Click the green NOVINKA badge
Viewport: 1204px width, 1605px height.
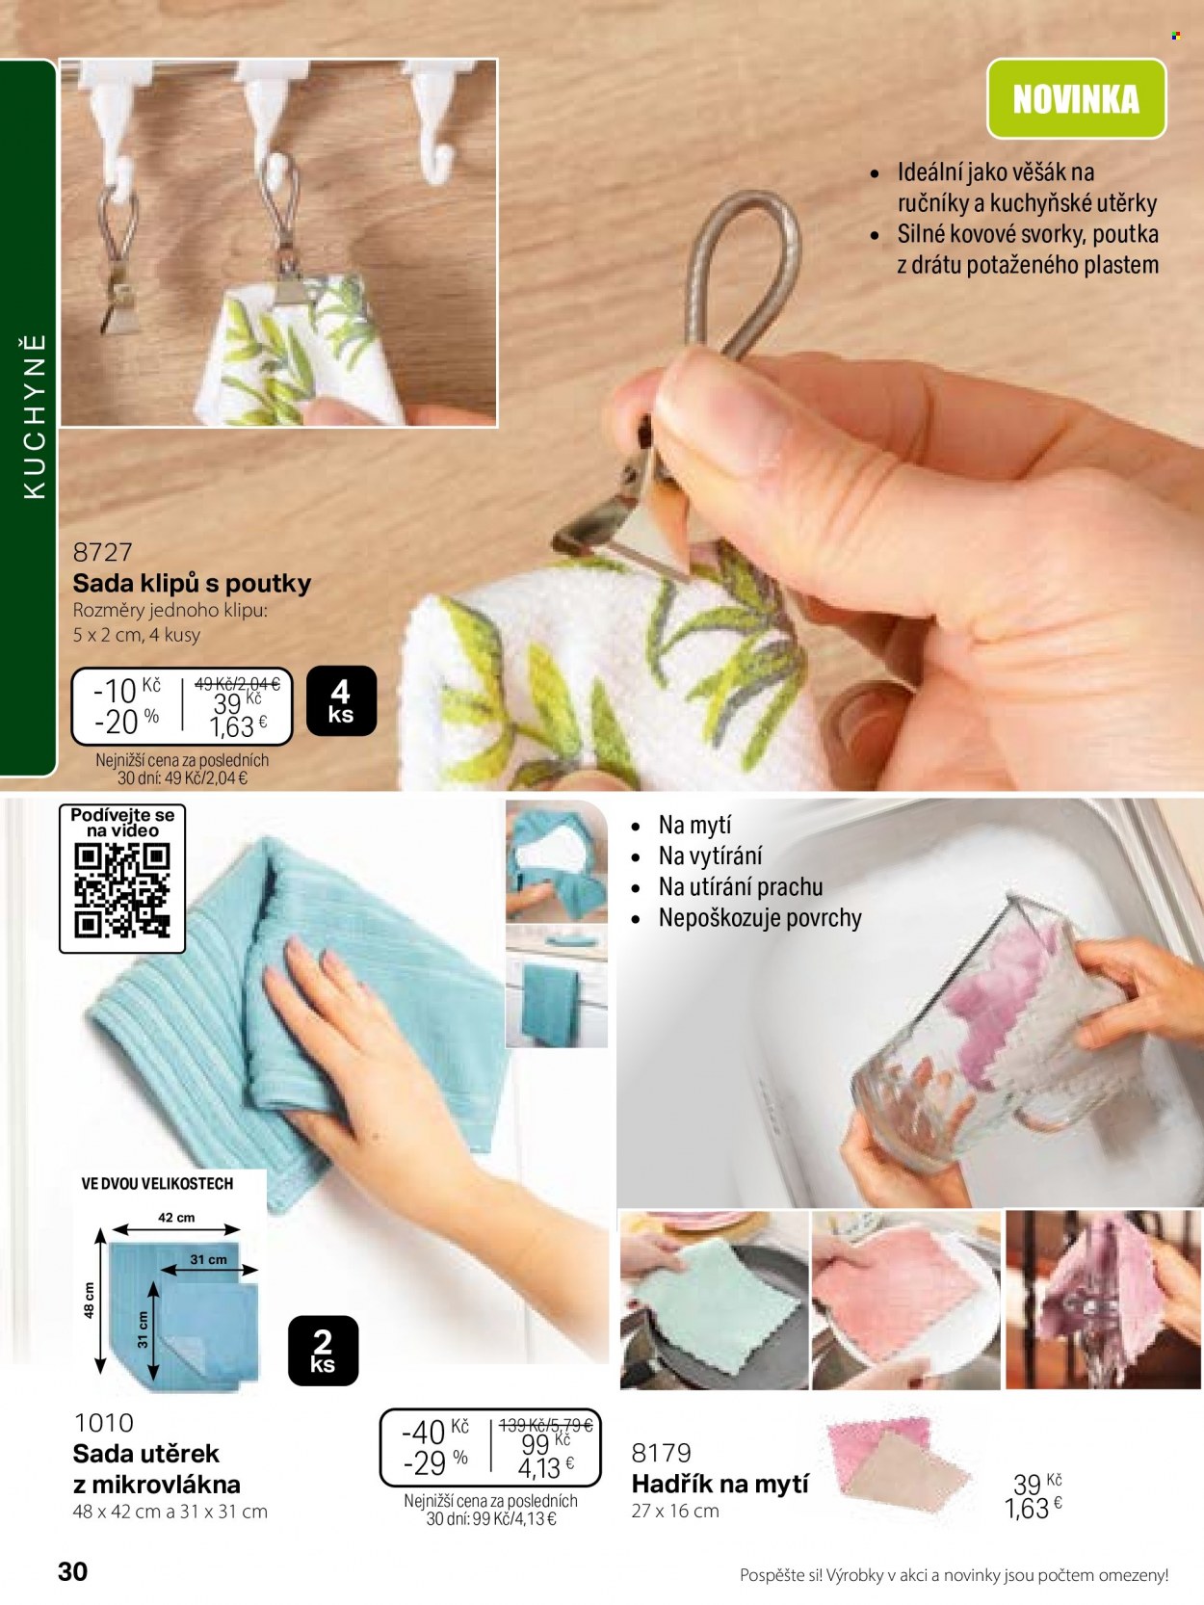coord(1076,98)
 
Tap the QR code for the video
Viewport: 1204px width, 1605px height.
coord(122,890)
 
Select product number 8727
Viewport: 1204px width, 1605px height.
coord(102,552)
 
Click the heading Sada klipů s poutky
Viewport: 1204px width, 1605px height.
coord(192,584)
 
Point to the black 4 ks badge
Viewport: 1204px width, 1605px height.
coord(341,700)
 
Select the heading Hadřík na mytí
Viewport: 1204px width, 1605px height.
coord(720,1485)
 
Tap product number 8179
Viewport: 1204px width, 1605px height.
coord(661,1453)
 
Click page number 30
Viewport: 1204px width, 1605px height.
coord(72,1571)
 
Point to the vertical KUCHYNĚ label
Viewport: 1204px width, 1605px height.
coord(35,417)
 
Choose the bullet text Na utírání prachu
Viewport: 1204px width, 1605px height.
coord(741,886)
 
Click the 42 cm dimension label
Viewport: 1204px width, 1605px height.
coord(176,1218)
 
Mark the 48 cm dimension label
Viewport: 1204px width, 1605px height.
coord(89,1301)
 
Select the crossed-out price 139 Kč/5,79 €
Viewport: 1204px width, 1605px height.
coord(545,1425)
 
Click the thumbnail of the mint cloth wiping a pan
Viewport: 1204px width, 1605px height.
coord(714,1300)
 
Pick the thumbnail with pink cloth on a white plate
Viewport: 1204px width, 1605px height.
coord(906,1300)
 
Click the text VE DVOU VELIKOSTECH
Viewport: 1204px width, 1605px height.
coord(157,1184)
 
